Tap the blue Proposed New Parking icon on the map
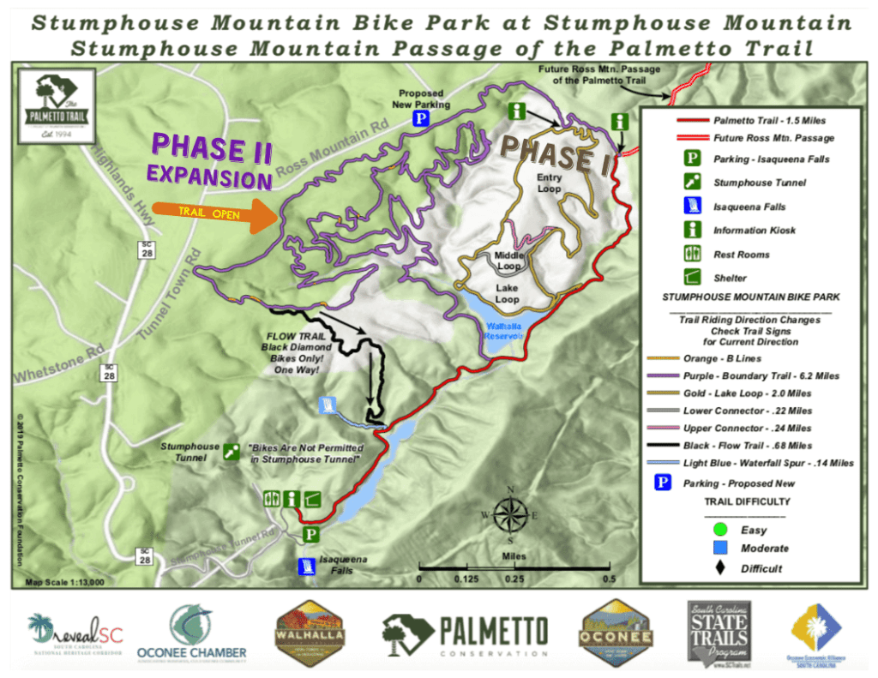coord(421,119)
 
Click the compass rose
coord(510,514)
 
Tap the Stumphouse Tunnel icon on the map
coord(231,452)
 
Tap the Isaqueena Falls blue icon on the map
coord(306,566)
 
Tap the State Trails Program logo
coord(718,634)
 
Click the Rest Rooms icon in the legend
coord(691,254)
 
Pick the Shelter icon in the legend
coord(691,278)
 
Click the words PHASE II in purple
coord(210,147)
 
